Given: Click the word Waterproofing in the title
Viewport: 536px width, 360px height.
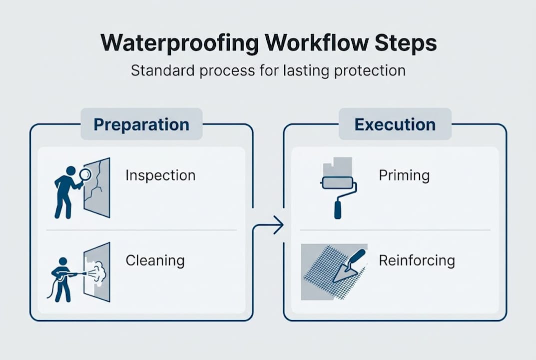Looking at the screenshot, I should click(x=179, y=43).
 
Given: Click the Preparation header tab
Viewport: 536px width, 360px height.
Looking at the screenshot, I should click(x=141, y=124).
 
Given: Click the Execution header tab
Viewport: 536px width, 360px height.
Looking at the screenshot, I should click(x=395, y=124).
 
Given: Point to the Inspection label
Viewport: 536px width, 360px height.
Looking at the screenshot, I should click(x=160, y=175).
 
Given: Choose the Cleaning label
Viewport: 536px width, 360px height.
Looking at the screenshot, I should click(x=155, y=260).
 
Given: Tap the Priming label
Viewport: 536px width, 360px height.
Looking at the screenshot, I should click(x=404, y=175).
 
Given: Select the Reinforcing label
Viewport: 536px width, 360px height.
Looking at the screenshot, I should click(x=417, y=260).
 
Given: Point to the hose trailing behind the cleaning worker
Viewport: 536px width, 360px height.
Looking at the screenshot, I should click(x=51, y=290).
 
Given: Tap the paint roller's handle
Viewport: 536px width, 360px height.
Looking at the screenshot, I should click(x=338, y=207).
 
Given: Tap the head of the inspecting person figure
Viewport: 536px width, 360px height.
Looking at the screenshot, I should click(x=70, y=171).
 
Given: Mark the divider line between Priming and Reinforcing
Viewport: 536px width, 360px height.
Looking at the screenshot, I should click(x=395, y=230).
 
